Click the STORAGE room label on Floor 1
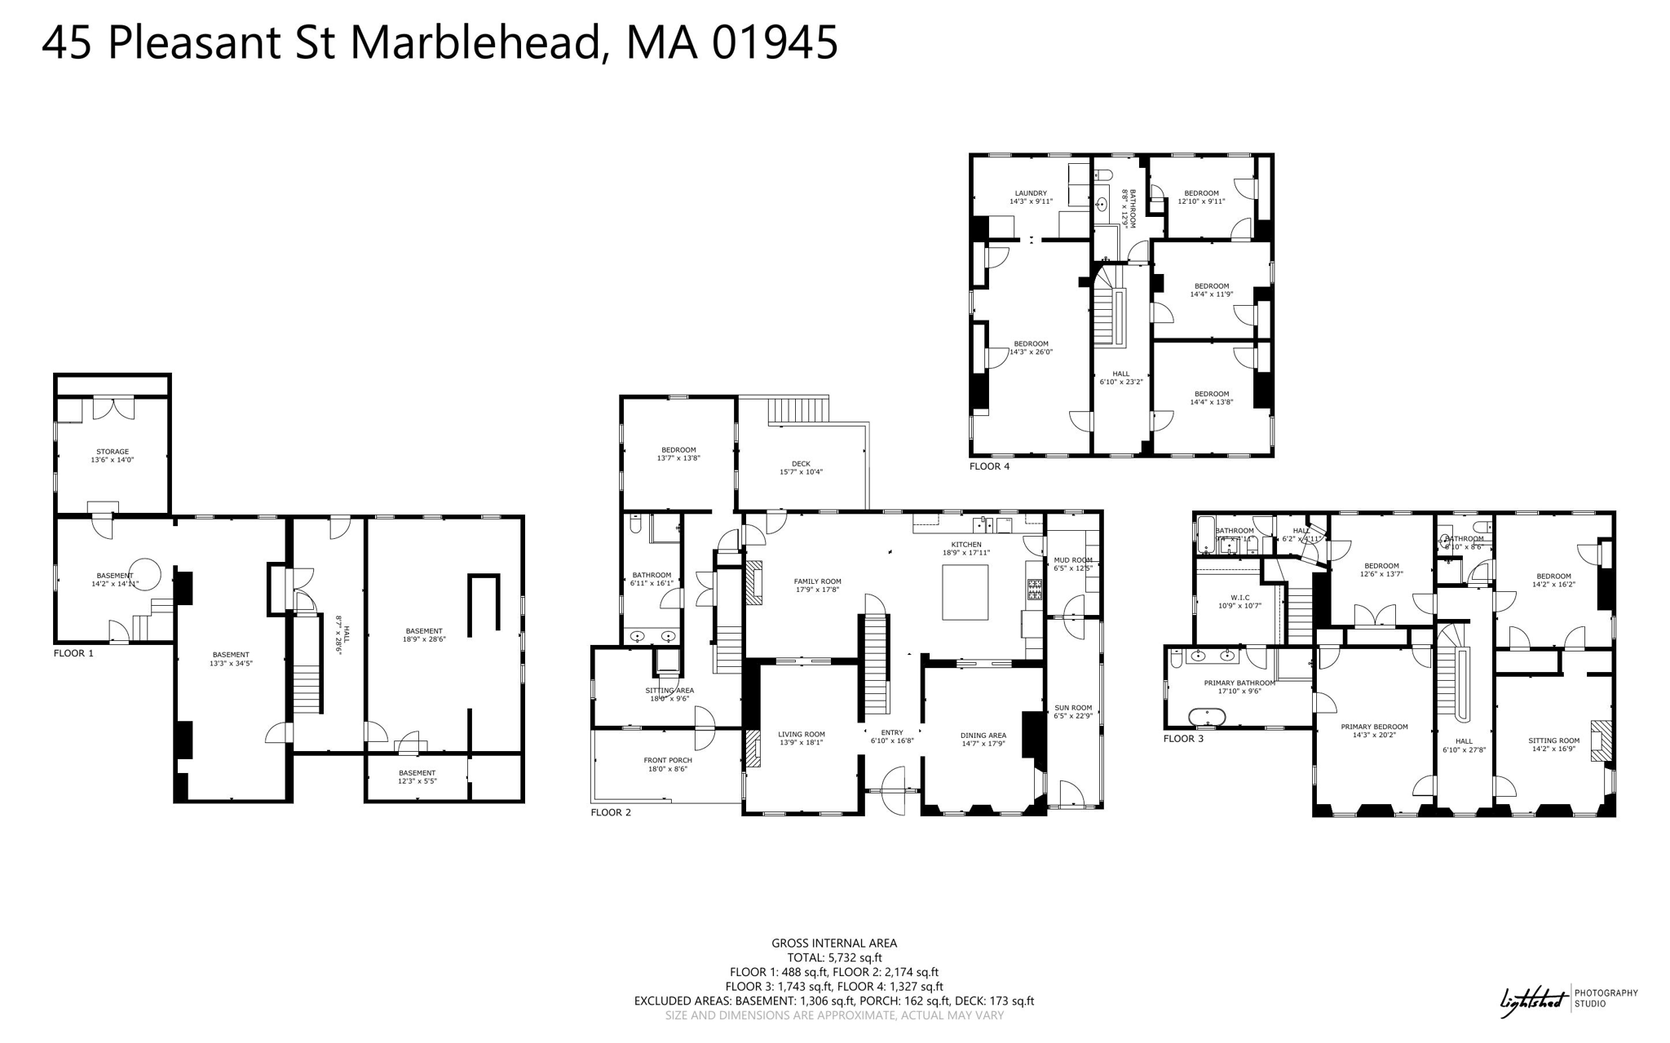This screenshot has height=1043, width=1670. [113, 455]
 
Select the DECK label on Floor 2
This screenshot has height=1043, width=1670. [801, 467]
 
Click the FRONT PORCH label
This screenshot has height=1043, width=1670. [668, 764]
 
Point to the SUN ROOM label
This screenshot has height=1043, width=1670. [1073, 711]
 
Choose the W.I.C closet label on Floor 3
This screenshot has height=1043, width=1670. [1239, 601]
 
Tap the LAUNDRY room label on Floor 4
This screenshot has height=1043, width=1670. [1031, 197]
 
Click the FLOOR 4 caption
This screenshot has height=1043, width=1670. [989, 466]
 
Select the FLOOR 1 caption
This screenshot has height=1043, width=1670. [73, 653]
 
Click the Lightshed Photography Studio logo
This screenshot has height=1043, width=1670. [1568, 999]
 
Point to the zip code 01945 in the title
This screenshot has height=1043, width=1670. [775, 42]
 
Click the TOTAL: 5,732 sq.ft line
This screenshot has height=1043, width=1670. [834, 957]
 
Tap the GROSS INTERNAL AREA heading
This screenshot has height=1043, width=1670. [834, 943]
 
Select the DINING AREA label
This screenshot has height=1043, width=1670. [983, 739]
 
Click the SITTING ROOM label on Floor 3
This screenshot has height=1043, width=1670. [1553, 745]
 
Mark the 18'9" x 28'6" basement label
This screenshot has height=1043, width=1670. [424, 634]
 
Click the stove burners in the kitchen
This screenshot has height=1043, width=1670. [1034, 589]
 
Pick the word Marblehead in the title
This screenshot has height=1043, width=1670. [478, 42]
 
